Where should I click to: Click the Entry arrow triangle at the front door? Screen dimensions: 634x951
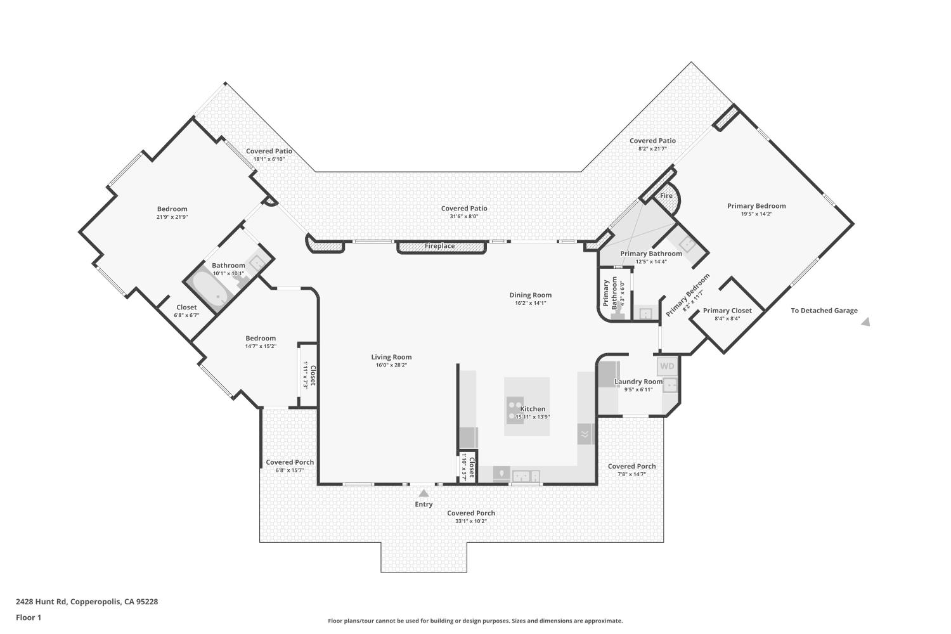point(424,492)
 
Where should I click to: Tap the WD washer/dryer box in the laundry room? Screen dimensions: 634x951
point(667,366)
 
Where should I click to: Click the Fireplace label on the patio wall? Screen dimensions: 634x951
point(440,246)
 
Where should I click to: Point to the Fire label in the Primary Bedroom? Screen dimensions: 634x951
point(666,196)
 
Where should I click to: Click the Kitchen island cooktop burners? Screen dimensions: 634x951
point(515,410)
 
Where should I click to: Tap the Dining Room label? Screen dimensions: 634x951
point(531,295)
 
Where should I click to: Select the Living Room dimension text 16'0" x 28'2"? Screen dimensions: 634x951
point(391,365)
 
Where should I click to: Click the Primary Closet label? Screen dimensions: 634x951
point(727,311)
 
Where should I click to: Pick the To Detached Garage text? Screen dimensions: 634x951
point(824,311)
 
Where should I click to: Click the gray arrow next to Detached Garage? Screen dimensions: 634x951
point(865,322)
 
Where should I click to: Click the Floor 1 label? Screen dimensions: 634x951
point(29,618)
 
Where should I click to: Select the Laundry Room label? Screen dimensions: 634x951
point(638,382)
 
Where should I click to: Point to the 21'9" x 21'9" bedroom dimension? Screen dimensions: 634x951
point(172,217)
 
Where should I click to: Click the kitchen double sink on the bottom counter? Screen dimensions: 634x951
point(526,475)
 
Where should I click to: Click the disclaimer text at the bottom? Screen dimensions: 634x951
point(475,621)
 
